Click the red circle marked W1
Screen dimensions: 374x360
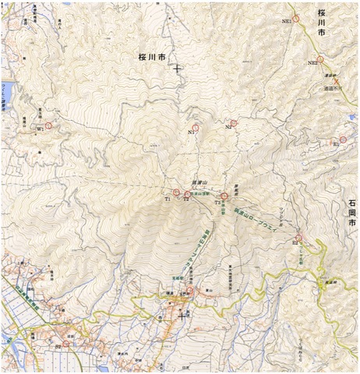point(49,125)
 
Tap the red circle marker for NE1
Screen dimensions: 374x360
point(296,18)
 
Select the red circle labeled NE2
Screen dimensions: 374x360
point(320,58)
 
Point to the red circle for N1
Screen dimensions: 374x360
point(197,128)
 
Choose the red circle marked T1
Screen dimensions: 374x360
point(176,192)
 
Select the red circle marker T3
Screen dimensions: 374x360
point(224,196)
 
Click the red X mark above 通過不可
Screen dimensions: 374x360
point(336,81)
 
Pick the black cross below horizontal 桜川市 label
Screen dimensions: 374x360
point(178,69)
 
